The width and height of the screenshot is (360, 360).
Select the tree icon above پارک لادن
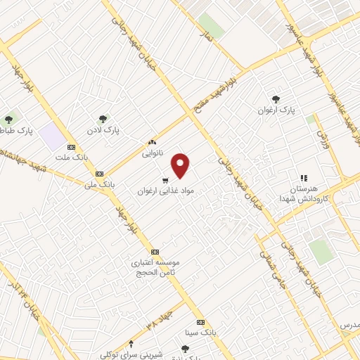103,119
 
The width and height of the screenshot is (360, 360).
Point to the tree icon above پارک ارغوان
275,99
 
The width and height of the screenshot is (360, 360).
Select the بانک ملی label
97,184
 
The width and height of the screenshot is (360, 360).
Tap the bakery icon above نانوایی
151,142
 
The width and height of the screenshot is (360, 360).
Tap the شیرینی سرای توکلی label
131,354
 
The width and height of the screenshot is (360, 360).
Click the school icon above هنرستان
304,179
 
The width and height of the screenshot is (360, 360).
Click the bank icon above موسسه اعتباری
155,252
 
